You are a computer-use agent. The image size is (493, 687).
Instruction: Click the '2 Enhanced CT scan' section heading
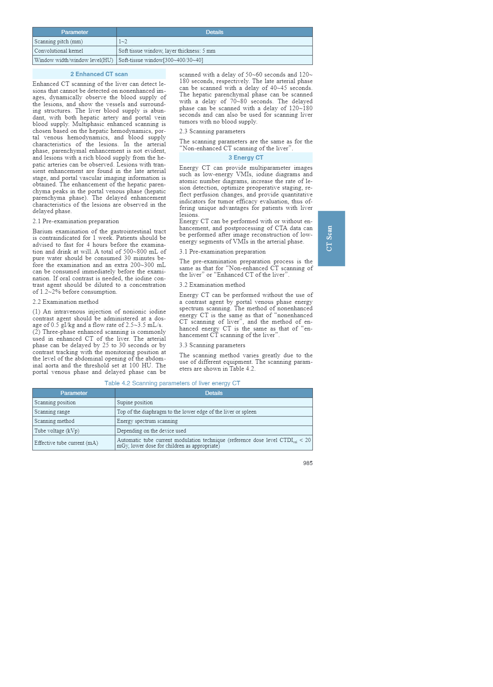pyautogui.click(x=99, y=74)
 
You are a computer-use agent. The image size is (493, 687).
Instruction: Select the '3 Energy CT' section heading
pyautogui.click(x=246, y=158)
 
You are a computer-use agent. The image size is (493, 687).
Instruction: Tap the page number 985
pyautogui.click(x=308, y=463)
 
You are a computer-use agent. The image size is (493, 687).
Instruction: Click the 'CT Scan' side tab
pyautogui.click(x=331, y=238)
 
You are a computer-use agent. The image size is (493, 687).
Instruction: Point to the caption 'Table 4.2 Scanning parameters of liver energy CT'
pyautogui.click(x=172, y=383)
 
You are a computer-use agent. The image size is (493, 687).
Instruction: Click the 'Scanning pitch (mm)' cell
pyautogui.click(x=59, y=41)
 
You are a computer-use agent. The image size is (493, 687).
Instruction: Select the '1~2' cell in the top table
pyautogui.click(x=123, y=41)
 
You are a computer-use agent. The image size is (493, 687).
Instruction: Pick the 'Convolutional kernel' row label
pyautogui.click(x=59, y=51)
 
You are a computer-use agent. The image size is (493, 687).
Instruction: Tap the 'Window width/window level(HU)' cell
pyautogui.click(x=74, y=60)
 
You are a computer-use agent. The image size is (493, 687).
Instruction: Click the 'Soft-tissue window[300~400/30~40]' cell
pyautogui.click(x=161, y=60)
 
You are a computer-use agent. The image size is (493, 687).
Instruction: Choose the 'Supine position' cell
pyautogui.click(x=135, y=402)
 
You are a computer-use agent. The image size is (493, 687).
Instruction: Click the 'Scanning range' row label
pyautogui.click(x=52, y=412)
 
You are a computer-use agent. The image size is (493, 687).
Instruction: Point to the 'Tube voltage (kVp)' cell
pyautogui.click(x=57, y=431)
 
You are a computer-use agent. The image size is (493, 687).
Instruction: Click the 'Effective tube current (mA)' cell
pyautogui.click(x=66, y=443)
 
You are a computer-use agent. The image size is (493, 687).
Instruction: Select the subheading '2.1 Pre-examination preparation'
pyautogui.click(x=76, y=221)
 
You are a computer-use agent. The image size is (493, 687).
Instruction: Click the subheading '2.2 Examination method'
pyautogui.click(x=66, y=302)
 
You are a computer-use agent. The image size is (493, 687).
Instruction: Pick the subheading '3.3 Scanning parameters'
pyautogui.click(x=212, y=345)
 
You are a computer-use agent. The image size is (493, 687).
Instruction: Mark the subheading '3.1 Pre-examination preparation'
pyautogui.click(x=222, y=252)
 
